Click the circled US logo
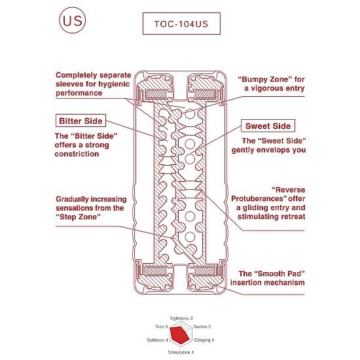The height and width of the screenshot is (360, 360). coord(72,20)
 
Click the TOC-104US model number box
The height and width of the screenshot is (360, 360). coord(181,24)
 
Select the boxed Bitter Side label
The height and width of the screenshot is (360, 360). coord(81,120)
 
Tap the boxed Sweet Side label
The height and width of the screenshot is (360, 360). coord(268,126)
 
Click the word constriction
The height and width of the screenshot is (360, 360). coord(77,154)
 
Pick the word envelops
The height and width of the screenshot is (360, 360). coord(270,150)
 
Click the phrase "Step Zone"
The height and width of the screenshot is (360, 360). coord(79,217)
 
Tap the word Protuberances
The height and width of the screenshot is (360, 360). coord(259,198)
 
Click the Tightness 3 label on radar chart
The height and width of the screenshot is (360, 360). coord(181,318)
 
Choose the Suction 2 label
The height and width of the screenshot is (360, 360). coord(202,327)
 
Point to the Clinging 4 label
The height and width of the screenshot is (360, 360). coord(204,340)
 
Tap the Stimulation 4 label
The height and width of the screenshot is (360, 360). coord(181,352)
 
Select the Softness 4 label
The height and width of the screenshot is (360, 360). coord(158,340)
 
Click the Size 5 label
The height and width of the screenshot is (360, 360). coord(162,327)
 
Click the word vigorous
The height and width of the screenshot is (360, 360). coord(267,88)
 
